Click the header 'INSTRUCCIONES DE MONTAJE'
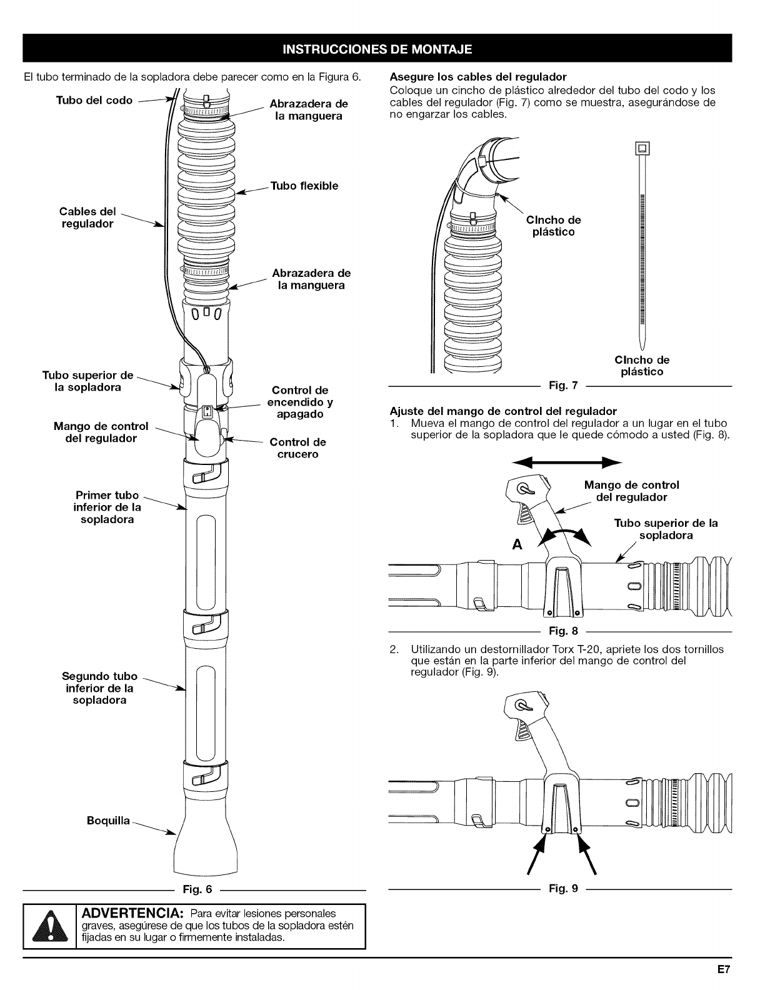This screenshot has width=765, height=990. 377,49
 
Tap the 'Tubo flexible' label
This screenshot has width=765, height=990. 304,186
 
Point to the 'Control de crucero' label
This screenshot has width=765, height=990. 297,448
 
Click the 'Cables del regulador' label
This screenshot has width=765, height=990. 87,217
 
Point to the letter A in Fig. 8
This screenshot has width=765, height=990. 516,544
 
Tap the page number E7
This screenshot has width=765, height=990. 724,971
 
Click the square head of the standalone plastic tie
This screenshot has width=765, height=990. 641,149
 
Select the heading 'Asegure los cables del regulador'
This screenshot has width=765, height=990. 477,77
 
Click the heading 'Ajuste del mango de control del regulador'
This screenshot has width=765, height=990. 502,411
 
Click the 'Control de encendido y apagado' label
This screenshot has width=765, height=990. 300,402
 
